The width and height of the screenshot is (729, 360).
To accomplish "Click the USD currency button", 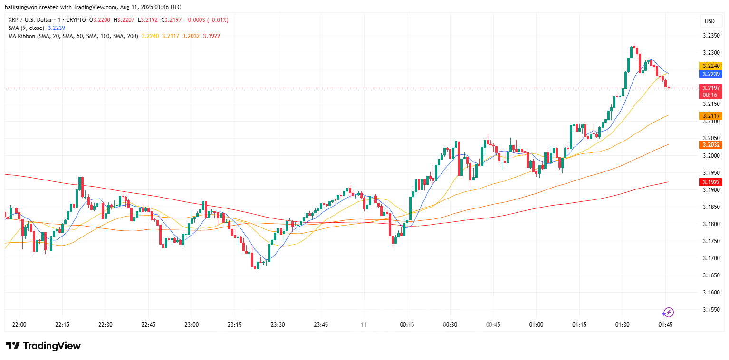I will (710, 21).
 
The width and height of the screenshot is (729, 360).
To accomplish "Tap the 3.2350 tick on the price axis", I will (710, 36).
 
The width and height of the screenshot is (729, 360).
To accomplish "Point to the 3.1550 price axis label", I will (710, 309).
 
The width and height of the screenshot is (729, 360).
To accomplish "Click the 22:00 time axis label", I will (19, 325).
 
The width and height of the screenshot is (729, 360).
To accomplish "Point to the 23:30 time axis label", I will (278, 325).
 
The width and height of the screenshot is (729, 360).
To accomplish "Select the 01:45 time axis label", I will (665, 325).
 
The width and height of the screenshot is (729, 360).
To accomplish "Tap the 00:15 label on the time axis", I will (407, 325).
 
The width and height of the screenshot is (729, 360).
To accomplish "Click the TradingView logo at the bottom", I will (43, 346).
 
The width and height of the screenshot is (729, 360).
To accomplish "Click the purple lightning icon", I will (668, 312).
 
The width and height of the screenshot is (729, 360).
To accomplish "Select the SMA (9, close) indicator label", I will (26, 28).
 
